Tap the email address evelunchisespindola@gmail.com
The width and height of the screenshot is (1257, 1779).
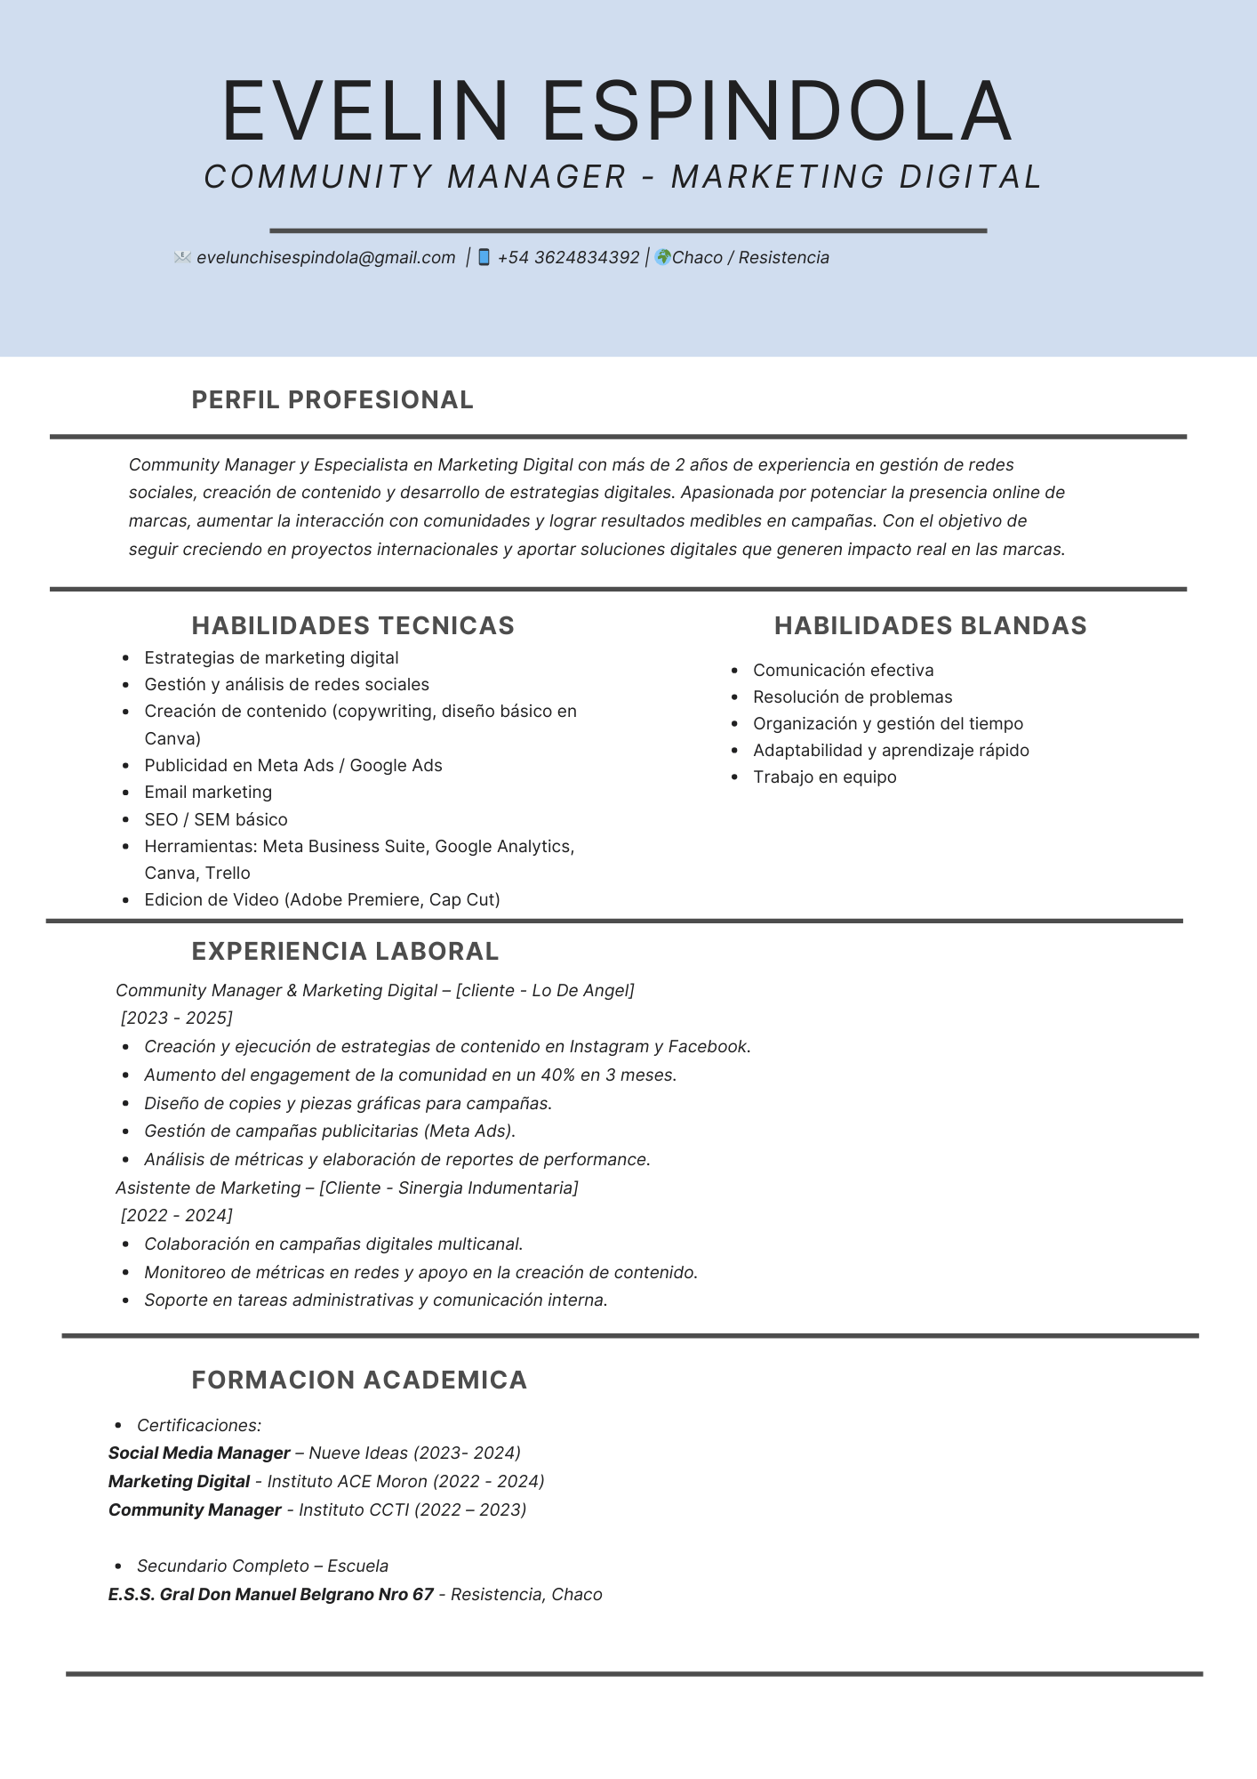point(325,258)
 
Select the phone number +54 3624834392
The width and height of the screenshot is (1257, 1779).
point(568,258)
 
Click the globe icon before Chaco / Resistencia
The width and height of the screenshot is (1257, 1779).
point(662,257)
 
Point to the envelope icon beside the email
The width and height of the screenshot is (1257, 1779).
point(182,257)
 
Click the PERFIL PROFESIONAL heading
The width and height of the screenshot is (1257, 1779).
point(332,400)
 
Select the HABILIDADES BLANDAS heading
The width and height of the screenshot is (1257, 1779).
point(930,626)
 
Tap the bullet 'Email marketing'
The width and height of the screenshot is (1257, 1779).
point(208,793)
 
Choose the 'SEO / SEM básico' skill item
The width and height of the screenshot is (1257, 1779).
point(216,819)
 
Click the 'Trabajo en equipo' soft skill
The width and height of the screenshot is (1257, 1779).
point(824,777)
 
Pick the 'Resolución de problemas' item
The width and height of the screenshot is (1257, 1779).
point(852,697)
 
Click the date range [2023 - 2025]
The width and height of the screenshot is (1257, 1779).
point(177,1018)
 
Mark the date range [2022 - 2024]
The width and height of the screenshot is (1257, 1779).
point(177,1215)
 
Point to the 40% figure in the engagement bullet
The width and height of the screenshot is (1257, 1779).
point(557,1075)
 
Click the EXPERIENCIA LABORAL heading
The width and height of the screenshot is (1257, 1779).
point(345,952)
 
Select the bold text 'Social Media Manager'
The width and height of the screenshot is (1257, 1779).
point(199,1453)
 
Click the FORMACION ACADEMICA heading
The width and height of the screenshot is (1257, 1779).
point(359,1381)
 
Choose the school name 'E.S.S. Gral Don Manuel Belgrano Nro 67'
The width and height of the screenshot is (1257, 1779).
point(271,1594)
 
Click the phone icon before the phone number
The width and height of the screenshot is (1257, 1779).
point(484,257)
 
